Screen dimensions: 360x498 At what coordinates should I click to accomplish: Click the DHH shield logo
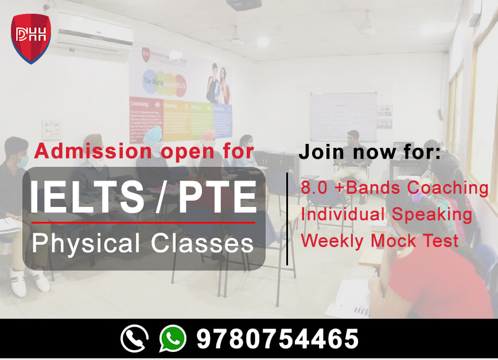click(x=31, y=38)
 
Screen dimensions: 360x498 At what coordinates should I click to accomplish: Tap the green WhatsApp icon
click(x=172, y=338)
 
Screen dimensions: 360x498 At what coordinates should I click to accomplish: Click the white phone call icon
click(x=134, y=338)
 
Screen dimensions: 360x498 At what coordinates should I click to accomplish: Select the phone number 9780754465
click(x=277, y=339)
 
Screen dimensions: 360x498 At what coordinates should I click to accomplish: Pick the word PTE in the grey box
click(x=217, y=197)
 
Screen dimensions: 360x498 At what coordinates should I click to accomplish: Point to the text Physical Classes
click(x=142, y=242)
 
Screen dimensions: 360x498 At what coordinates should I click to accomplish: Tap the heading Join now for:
click(x=369, y=152)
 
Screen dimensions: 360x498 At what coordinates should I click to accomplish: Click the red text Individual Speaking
click(x=386, y=214)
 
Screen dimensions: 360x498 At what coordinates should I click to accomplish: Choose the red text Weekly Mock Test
click(x=379, y=240)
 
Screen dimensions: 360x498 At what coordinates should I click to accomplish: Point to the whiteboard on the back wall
click(x=343, y=117)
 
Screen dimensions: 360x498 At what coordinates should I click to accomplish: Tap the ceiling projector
click(x=244, y=5)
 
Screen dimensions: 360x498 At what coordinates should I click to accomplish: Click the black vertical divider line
click(x=287, y=218)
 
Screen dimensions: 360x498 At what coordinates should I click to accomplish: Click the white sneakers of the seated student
click(x=29, y=281)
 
